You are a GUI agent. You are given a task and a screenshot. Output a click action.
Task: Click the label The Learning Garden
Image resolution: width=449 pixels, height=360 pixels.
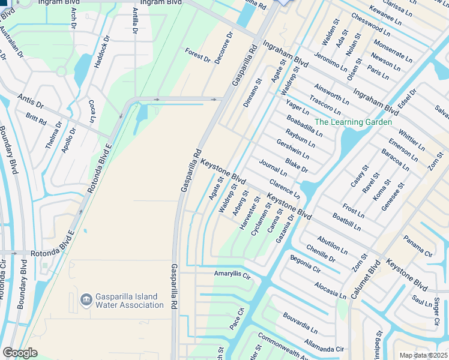click(353, 122)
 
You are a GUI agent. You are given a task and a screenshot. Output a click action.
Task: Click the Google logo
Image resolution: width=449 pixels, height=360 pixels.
click(20, 353)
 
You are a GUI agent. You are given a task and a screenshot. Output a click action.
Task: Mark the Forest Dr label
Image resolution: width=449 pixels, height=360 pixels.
click(197, 56)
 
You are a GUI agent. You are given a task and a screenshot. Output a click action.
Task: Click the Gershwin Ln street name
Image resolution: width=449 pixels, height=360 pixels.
click(293, 149)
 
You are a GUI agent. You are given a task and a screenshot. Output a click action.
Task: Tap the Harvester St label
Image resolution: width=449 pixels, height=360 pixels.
click(248, 213)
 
